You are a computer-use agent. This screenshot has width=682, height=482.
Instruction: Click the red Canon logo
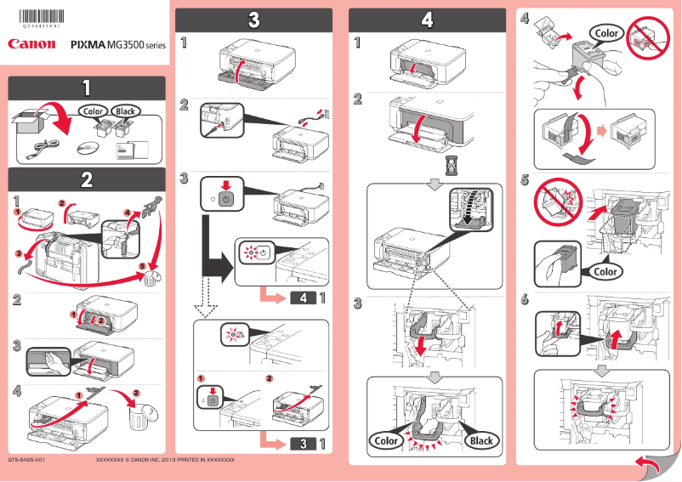31,43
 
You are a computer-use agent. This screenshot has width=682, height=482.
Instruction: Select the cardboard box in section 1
31,124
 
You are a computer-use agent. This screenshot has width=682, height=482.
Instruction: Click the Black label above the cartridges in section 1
126,111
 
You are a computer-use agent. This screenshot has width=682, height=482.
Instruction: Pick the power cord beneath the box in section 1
40,150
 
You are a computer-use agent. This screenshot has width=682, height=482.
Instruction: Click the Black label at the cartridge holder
481,440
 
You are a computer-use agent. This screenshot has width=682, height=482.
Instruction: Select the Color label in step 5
605,272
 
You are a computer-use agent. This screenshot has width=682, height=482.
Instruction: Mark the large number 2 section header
87,179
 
